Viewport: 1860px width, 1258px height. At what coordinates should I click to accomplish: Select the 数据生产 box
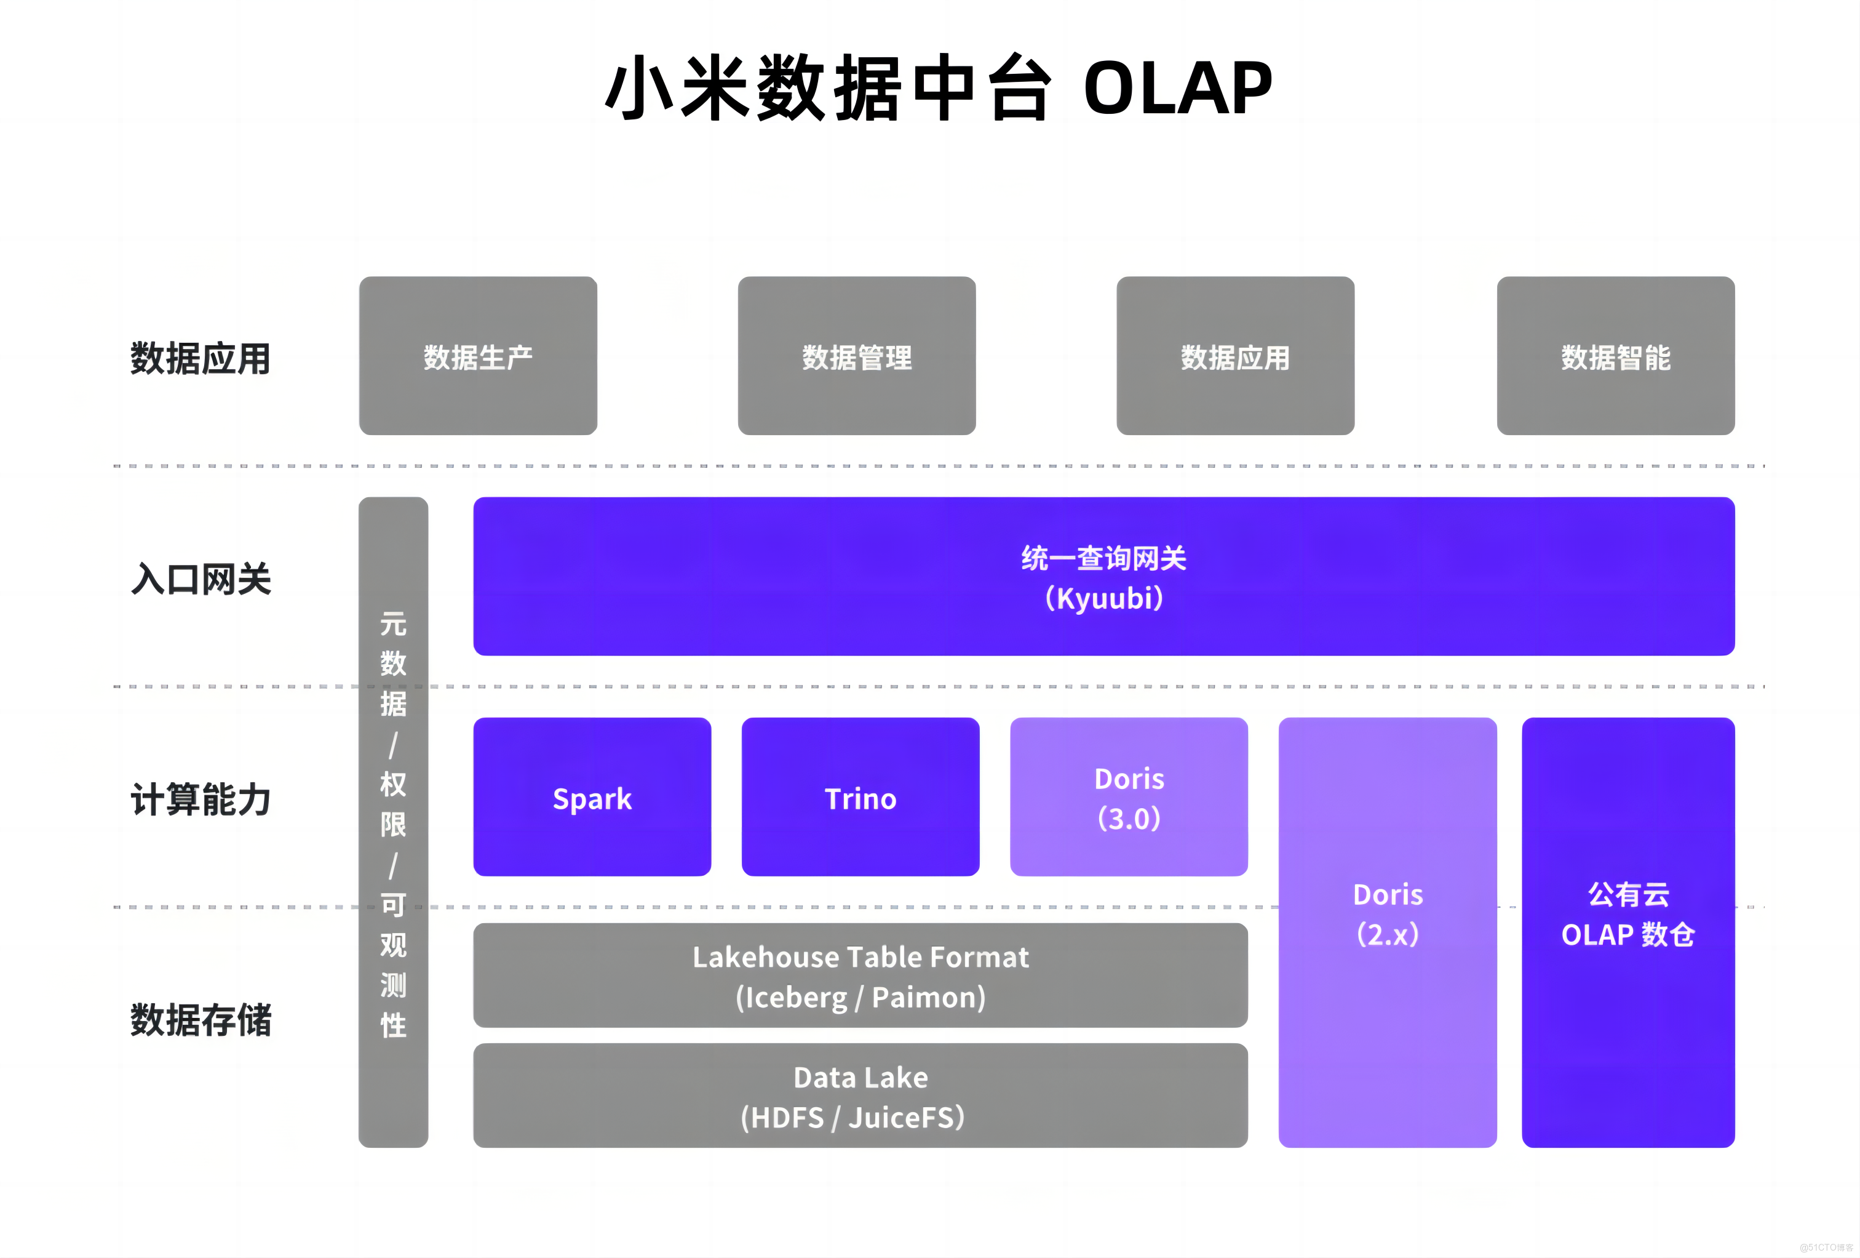pyautogui.click(x=478, y=356)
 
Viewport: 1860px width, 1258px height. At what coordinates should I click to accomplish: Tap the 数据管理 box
pyautogui.click(x=856, y=356)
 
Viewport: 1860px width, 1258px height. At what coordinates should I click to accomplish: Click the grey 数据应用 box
pyautogui.click(x=1235, y=356)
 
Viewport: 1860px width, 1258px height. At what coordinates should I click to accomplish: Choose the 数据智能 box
pyautogui.click(x=1615, y=356)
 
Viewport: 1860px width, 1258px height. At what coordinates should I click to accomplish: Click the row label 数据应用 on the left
pyautogui.click(x=200, y=358)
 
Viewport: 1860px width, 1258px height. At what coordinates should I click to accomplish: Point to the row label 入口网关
pyautogui.click(x=200, y=579)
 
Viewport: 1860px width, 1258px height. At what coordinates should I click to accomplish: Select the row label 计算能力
pyautogui.click(x=200, y=799)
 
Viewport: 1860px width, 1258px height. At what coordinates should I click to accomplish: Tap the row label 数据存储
pyautogui.click(x=200, y=1020)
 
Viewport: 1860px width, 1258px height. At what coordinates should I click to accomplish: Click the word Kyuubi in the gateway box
pyautogui.click(x=1105, y=599)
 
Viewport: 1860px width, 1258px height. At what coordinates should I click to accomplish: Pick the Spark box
pyautogui.click(x=592, y=798)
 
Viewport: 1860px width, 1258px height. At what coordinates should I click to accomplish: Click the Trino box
pyautogui.click(x=860, y=798)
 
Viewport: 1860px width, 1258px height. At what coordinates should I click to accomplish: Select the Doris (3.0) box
pyautogui.click(x=1129, y=798)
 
